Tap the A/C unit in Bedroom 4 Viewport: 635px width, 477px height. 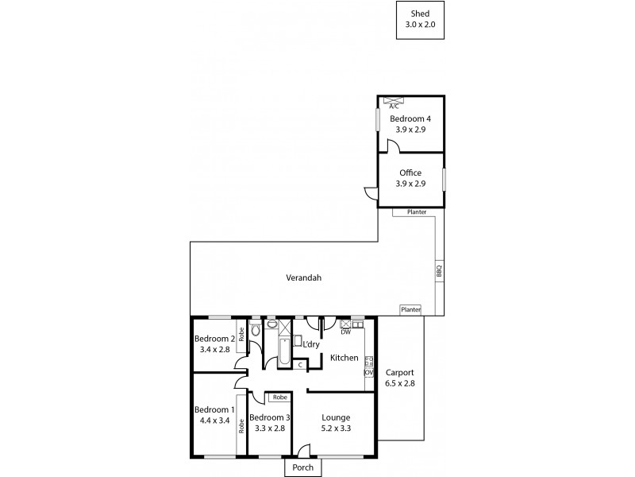[394, 102]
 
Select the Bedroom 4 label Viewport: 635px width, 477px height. [410, 118]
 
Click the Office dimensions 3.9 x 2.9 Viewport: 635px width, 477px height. [410, 184]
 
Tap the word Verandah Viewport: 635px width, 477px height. [304, 277]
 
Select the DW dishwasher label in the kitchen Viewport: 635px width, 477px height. [345, 332]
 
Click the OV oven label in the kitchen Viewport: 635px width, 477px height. [368, 372]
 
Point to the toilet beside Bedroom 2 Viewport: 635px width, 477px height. [256, 328]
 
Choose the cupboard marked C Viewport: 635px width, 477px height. [300, 365]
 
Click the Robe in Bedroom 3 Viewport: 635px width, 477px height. [279, 397]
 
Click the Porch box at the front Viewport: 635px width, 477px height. [302, 467]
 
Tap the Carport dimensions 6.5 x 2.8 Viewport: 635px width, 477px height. [399, 382]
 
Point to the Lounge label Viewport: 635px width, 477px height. [336, 417]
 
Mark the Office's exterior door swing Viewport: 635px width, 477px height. [369, 192]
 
